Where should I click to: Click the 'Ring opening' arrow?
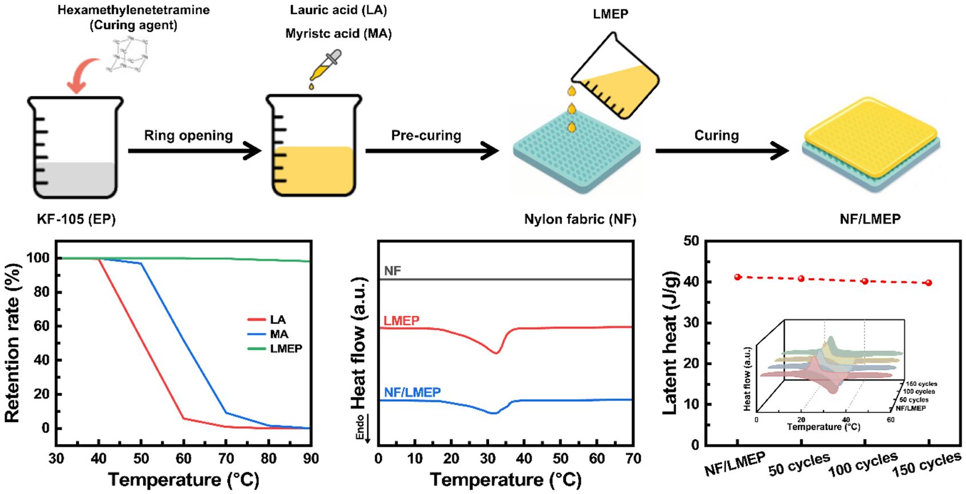click(194, 151)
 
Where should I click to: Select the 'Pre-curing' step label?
click(426, 136)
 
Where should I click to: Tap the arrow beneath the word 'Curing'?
click(722, 151)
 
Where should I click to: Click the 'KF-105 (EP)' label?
click(76, 220)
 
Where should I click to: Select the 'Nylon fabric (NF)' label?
click(580, 220)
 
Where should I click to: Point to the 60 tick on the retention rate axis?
click(42, 326)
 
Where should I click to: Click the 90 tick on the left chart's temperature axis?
click(311, 459)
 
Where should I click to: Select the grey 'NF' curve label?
click(393, 271)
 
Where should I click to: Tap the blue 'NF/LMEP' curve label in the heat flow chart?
click(412, 392)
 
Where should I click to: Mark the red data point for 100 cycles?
click(865, 281)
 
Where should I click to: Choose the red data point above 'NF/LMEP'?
click(738, 277)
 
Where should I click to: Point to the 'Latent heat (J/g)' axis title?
click(671, 342)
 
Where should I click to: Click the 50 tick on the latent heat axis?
click(691, 241)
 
